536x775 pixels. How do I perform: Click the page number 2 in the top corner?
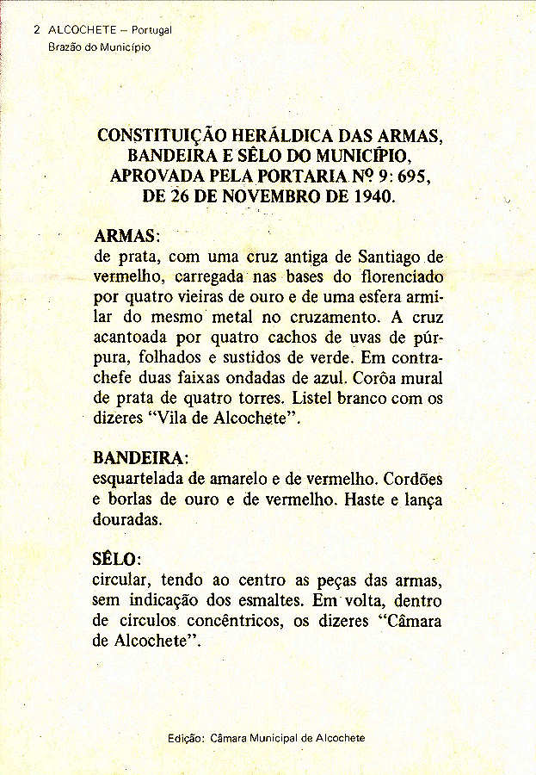37,29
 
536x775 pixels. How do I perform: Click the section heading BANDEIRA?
140,456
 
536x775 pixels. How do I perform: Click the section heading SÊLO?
117,559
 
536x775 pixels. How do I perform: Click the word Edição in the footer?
186,739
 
